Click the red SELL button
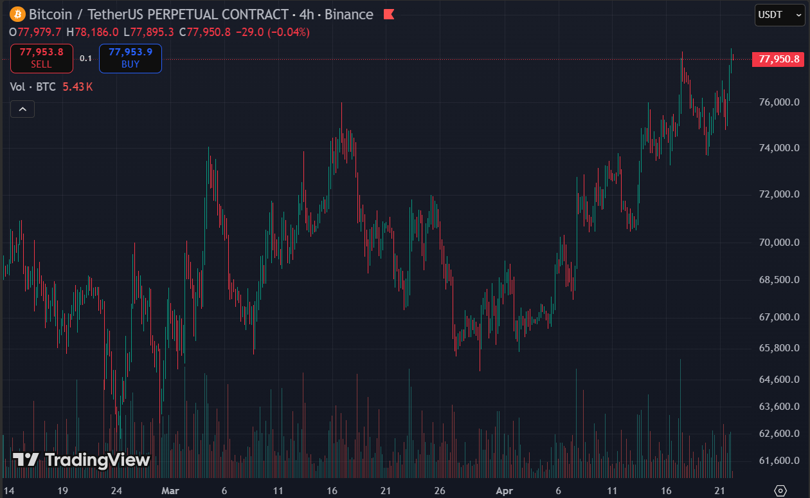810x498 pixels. (x=41, y=58)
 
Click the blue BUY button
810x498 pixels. (x=130, y=58)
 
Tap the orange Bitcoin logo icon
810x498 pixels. (x=17, y=14)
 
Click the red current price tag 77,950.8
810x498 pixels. (x=779, y=59)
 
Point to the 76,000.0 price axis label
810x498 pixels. (x=779, y=102)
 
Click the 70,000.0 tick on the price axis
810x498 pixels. (x=779, y=243)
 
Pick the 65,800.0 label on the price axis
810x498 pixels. (x=779, y=348)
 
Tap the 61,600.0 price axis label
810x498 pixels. (x=779, y=461)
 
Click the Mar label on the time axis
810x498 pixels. (x=170, y=490)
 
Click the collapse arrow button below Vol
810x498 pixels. (x=22, y=109)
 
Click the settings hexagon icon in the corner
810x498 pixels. (x=780, y=490)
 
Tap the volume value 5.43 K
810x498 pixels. (x=78, y=87)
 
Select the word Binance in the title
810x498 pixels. (x=350, y=14)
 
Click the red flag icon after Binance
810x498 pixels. (x=388, y=14)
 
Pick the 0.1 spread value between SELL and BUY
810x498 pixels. (x=85, y=59)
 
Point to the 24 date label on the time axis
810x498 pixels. (x=116, y=490)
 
